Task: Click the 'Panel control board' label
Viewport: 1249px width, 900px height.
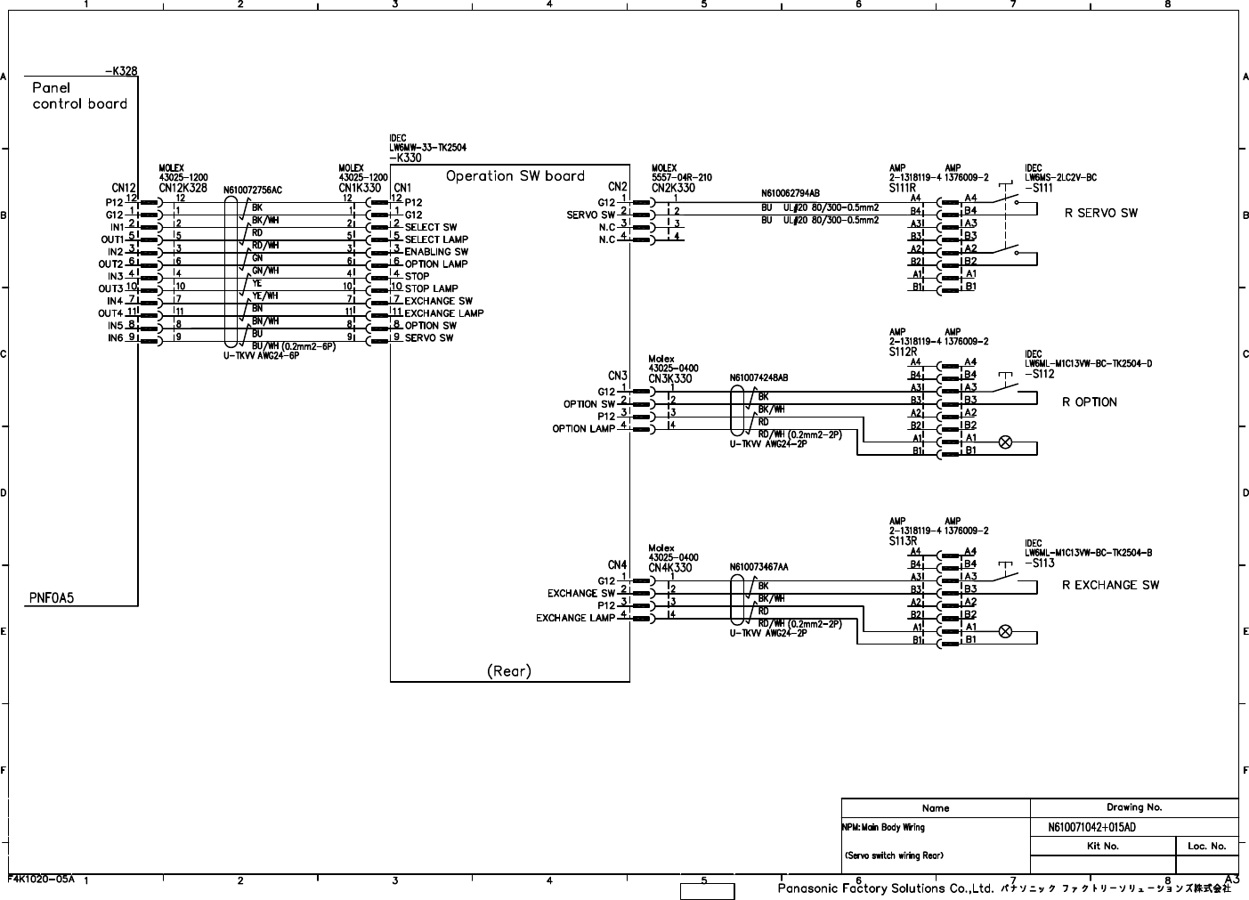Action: click(79, 95)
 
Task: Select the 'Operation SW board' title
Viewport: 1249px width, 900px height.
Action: click(515, 175)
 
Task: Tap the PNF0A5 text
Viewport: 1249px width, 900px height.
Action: click(52, 598)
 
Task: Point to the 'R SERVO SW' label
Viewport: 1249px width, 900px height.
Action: click(1100, 213)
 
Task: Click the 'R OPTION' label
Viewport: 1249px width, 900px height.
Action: click(1089, 401)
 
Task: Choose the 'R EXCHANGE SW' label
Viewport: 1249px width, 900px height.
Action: click(1110, 585)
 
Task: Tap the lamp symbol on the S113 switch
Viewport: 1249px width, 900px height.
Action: click(1005, 631)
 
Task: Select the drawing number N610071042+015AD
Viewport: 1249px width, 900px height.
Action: click(1091, 828)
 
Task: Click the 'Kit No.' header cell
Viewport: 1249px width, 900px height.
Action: click(1102, 846)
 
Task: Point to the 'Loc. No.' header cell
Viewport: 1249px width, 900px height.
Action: click(1206, 846)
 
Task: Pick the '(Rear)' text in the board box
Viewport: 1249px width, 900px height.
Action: click(508, 670)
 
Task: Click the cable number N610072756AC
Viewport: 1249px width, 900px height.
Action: click(252, 191)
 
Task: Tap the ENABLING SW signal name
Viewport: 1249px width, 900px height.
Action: click(436, 252)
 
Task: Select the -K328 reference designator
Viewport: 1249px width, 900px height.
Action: click(121, 70)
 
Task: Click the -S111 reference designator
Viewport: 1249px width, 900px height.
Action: click(1039, 188)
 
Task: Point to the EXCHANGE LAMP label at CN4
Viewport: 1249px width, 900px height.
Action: click(575, 618)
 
